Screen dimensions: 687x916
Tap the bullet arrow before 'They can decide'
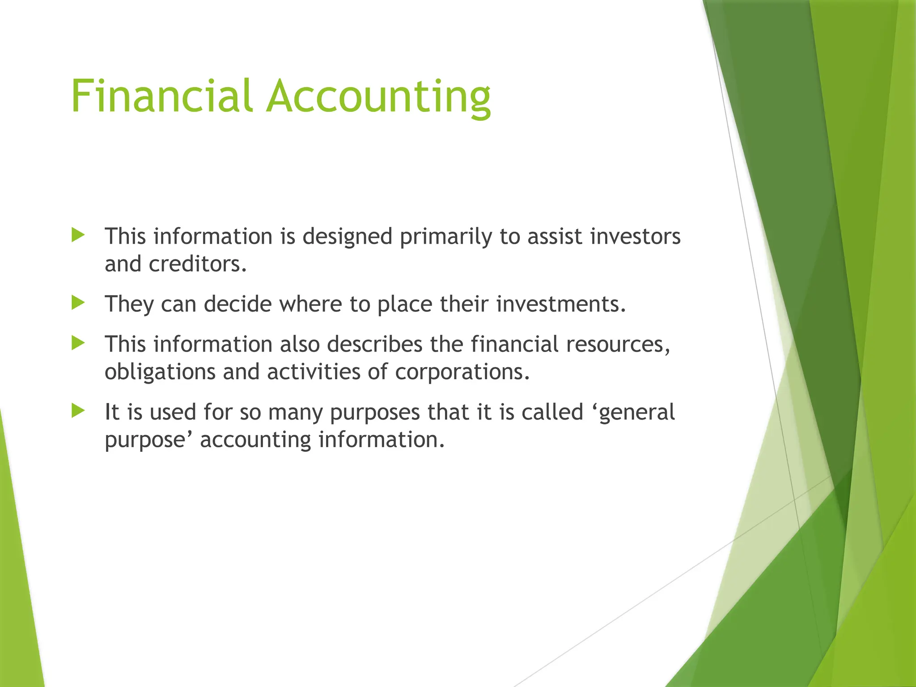(78, 303)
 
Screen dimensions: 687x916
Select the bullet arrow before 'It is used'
(78, 411)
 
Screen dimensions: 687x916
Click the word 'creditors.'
(198, 264)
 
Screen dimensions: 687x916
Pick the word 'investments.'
(561, 304)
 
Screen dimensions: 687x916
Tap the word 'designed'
(348, 237)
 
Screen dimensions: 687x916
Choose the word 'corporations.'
(462, 372)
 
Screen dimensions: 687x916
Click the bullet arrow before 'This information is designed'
(78, 235)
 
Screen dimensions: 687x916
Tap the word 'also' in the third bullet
(300, 344)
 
